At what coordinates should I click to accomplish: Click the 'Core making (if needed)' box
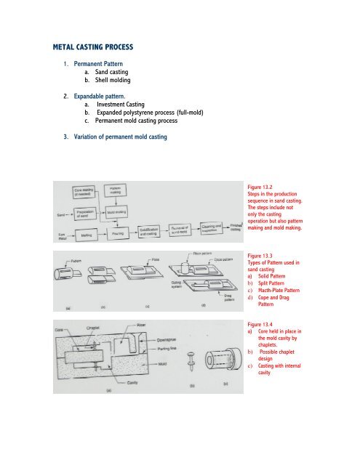click(x=87, y=191)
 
